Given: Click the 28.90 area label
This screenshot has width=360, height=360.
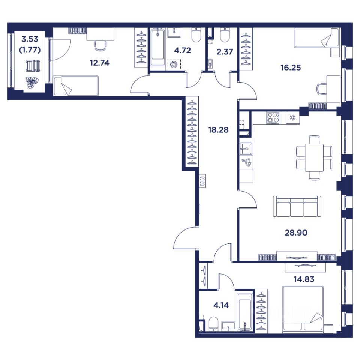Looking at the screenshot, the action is [x=296, y=232].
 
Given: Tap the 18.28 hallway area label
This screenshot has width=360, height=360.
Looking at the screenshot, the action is [x=218, y=130].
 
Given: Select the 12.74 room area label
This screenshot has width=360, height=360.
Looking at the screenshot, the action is [x=99, y=63].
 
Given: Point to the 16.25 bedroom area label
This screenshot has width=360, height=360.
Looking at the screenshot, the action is [x=291, y=67].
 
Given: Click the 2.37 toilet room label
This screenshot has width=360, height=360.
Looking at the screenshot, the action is [x=225, y=52].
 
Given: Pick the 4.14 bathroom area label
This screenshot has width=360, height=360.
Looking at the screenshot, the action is [x=221, y=305].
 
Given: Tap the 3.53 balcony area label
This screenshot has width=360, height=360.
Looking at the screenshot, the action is [x=30, y=39].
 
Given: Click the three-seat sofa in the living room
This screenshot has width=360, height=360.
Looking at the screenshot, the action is [x=297, y=206].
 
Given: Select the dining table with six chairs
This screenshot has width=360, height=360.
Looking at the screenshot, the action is [x=314, y=158].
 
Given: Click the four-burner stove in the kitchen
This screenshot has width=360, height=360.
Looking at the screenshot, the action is [x=273, y=118].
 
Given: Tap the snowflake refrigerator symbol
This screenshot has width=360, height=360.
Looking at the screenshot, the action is [x=293, y=118].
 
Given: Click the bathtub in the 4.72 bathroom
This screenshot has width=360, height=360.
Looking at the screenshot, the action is [x=157, y=47].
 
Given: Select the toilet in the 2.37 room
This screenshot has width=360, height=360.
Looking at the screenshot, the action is [x=225, y=35].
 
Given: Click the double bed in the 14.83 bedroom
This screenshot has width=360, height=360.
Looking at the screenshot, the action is [x=303, y=308].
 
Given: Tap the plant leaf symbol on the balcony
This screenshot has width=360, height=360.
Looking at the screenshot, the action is [x=32, y=82].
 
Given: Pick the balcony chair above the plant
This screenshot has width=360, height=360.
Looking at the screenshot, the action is [x=33, y=66].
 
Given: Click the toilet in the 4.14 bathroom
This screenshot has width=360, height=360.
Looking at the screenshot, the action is [x=214, y=324].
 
